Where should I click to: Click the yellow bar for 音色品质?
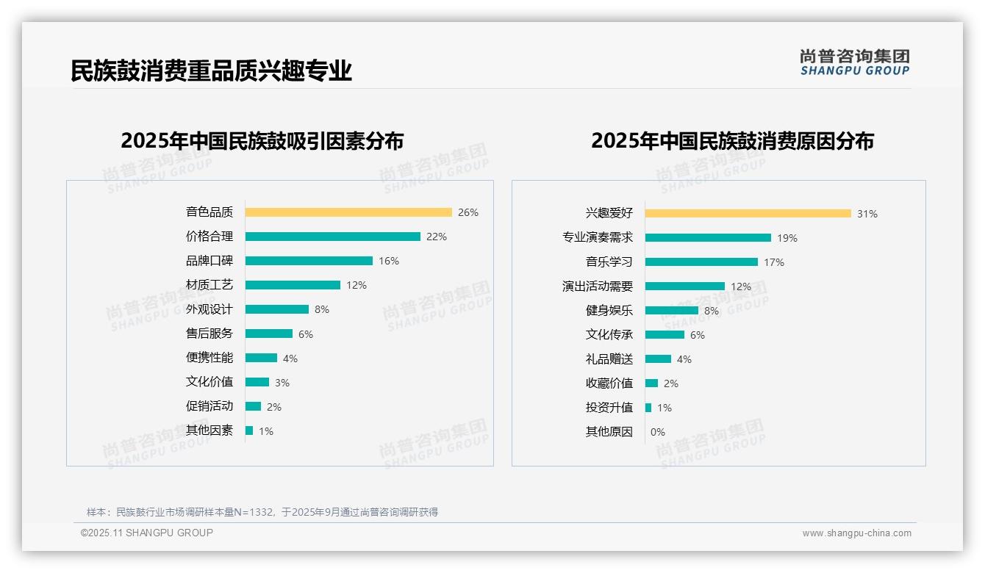tap(348, 212)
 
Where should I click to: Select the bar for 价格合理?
tap(333, 237)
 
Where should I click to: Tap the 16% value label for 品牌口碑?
tap(388, 261)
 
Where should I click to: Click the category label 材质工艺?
tap(209, 284)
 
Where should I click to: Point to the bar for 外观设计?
tap(277, 309)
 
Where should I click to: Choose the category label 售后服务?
tap(209, 333)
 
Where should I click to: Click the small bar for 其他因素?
tap(249, 430)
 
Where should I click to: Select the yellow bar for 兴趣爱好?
tap(748, 214)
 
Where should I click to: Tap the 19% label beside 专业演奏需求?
tap(787, 238)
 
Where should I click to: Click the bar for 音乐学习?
tap(701, 262)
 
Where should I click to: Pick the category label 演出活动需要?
tap(597, 286)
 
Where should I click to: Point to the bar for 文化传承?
tap(665, 335)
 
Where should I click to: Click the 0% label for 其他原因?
tap(657, 432)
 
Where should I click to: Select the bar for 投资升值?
tap(648, 408)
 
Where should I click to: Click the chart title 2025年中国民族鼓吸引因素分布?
tap(262, 141)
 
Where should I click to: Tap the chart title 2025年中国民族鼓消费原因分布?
tap(732, 141)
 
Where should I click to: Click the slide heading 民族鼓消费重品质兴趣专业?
tap(211, 71)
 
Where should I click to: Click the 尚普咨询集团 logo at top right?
tap(854, 62)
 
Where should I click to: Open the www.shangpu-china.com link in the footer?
tap(856, 533)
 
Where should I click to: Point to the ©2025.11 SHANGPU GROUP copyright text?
tap(147, 533)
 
